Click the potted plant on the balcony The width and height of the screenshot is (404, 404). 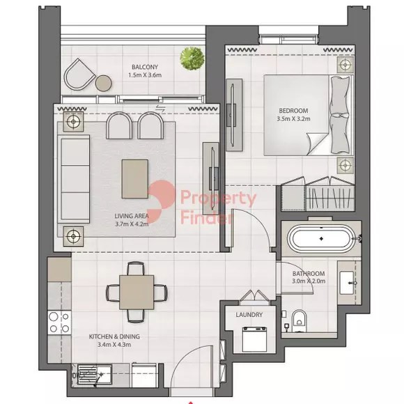192,58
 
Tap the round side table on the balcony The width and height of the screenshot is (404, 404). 104,83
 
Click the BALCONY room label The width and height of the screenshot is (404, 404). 145,67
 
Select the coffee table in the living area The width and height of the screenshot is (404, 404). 135,179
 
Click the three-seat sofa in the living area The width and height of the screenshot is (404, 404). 73,179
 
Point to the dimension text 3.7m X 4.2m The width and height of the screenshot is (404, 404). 132,224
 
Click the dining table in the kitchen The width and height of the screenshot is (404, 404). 137,292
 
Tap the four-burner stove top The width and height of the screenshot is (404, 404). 59,323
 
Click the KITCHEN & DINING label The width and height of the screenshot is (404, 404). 114,336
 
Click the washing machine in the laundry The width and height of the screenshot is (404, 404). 254,339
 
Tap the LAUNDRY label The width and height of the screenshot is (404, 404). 249,315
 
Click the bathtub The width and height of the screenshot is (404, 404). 321,238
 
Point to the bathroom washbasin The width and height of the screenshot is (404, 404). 347,283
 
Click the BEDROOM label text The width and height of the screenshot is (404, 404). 293,111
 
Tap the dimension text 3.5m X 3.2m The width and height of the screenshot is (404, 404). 293,119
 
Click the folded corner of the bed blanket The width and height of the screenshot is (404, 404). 318,143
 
